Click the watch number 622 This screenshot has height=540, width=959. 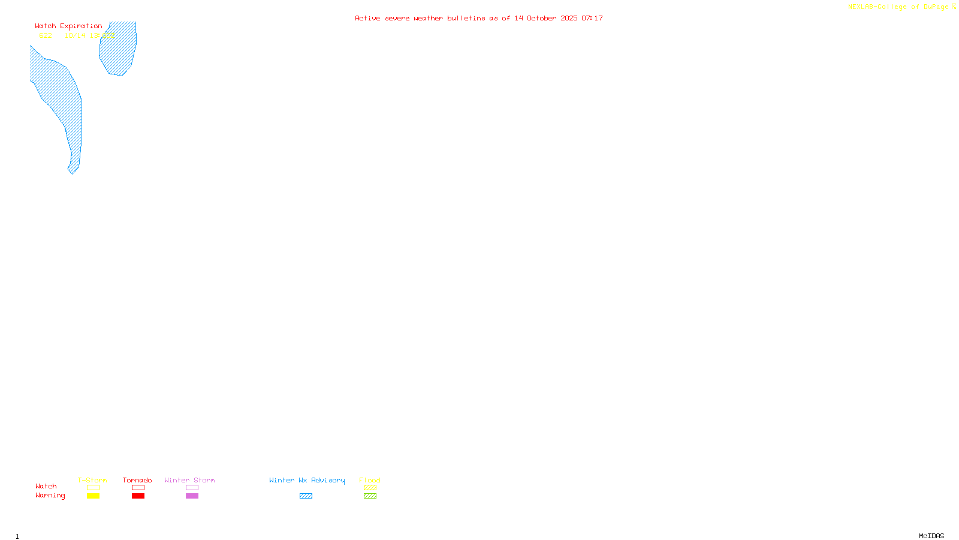[46, 35]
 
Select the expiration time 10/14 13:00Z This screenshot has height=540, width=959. [89, 35]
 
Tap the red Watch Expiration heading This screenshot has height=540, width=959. [68, 26]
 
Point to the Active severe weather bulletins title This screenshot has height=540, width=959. [478, 18]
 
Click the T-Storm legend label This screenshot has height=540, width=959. [92, 480]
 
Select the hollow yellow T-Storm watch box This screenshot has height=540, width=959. [93, 488]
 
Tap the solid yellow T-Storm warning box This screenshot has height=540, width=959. [93, 496]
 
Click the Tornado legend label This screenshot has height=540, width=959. [137, 480]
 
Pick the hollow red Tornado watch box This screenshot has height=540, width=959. [138, 488]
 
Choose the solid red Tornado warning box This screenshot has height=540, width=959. [138, 496]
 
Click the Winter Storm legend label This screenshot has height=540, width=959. [189, 480]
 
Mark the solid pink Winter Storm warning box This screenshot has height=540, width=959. [192, 496]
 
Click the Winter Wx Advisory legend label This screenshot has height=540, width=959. [307, 480]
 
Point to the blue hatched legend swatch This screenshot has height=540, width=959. [306, 496]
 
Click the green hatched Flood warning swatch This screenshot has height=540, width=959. [370, 496]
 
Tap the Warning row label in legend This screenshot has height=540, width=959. [50, 496]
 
